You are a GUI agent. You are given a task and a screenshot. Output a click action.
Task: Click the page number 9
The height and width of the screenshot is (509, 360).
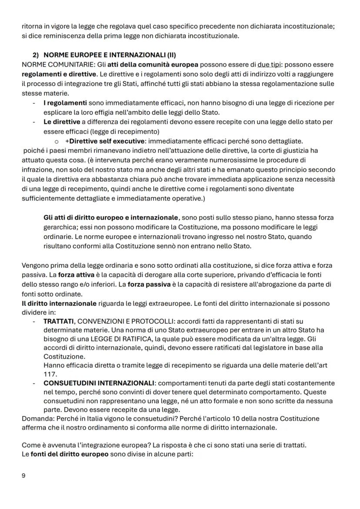(23, 476)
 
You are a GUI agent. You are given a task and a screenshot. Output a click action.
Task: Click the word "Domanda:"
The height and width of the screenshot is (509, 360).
(36, 419)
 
